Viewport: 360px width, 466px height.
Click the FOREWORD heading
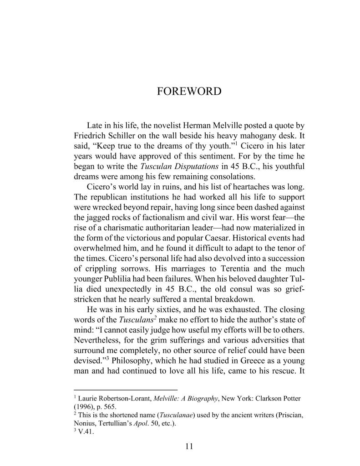(x=189, y=92)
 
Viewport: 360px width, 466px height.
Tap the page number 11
(x=189, y=446)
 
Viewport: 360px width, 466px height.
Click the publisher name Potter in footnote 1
(x=290, y=399)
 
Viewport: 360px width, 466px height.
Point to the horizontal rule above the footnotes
(x=126, y=389)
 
